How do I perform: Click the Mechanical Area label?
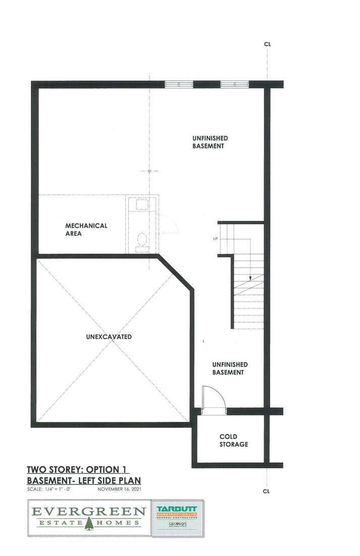tap(86, 230)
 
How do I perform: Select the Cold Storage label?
tap(233, 440)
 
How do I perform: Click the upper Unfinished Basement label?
tap(210, 142)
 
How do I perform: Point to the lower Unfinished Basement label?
tap(230, 368)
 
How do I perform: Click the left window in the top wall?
tap(179, 84)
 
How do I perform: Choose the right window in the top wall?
tap(234, 84)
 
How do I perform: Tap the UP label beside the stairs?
tap(216, 238)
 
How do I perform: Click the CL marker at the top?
tap(267, 44)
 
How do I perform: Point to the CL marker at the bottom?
tap(267, 490)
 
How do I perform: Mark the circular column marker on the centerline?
tap(149, 171)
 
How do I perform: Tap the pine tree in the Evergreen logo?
tap(89, 524)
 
